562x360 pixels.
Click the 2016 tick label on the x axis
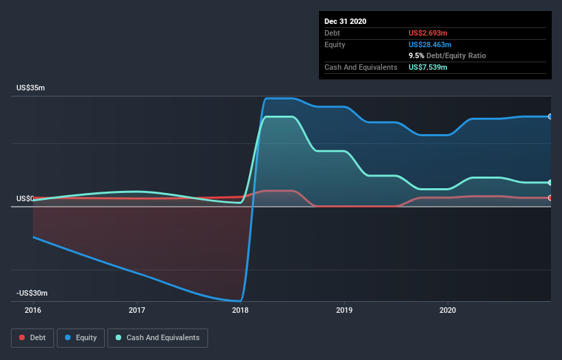coord(33,309)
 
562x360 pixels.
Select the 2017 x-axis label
coord(137,309)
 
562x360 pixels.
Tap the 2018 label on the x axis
coord(240,309)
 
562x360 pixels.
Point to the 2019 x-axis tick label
coord(344,309)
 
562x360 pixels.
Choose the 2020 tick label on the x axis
coord(448,309)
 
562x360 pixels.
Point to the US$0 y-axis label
coord(25,198)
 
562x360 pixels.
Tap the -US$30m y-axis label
coord(31,293)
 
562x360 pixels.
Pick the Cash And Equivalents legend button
coord(157,337)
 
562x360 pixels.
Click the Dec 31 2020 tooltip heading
coord(346,21)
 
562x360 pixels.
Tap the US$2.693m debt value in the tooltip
coord(428,33)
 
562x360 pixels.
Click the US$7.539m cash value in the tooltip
coord(428,67)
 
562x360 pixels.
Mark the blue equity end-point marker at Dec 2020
coord(550,116)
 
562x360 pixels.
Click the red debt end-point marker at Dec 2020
coord(550,198)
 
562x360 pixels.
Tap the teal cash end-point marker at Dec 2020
coord(550,183)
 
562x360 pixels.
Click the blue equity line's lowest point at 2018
coord(240,300)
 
